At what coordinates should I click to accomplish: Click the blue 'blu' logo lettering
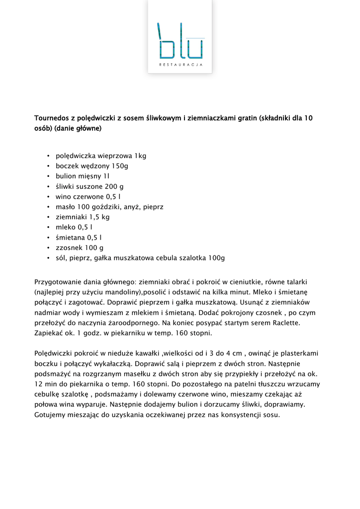click(180, 41)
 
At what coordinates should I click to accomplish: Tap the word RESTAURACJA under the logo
click(180, 65)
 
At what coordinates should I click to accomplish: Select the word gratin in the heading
click(246, 118)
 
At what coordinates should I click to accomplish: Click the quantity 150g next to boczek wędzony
click(119, 166)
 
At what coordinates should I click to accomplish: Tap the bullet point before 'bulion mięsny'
click(48, 176)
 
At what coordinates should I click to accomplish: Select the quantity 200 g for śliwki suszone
click(114, 186)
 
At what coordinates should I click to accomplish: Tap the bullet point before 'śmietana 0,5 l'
click(48, 238)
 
